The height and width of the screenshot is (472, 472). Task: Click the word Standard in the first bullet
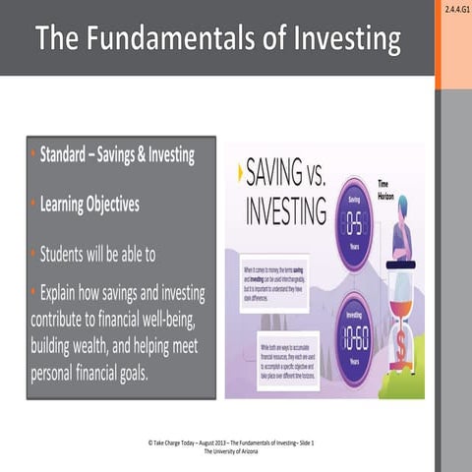click(x=71, y=155)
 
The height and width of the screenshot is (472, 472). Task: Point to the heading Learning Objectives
click(x=89, y=205)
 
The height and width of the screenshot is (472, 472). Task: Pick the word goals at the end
click(x=129, y=374)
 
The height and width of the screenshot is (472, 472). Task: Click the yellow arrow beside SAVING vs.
click(x=240, y=172)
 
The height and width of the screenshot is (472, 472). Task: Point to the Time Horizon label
click(x=390, y=187)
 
